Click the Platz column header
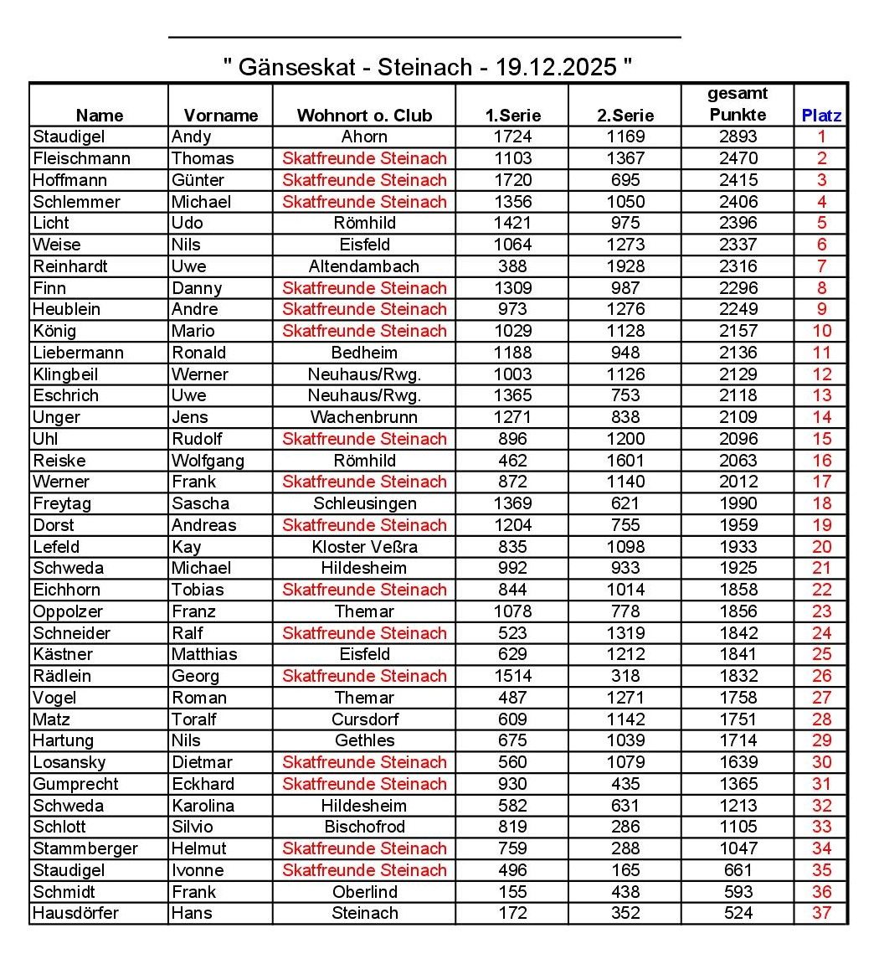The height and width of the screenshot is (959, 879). click(821, 116)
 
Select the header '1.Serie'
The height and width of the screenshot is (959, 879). click(513, 116)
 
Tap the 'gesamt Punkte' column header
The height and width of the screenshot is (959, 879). click(738, 105)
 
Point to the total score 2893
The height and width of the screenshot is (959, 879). click(738, 137)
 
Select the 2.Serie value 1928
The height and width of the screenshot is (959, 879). click(625, 266)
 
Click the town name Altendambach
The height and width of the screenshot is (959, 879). click(364, 266)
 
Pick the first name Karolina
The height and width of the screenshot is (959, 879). click(203, 806)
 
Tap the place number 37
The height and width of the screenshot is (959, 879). click(821, 913)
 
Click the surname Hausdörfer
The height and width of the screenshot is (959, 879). click(75, 913)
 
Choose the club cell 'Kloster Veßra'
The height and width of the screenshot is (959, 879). click(364, 547)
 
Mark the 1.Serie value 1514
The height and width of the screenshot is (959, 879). click(512, 676)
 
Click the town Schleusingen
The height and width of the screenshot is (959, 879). click(364, 503)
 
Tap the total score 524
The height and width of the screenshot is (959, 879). click(738, 913)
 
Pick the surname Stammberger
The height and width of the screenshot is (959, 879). click(85, 848)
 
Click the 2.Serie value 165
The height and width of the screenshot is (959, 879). click(625, 870)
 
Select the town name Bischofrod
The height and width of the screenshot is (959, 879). click(364, 827)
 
